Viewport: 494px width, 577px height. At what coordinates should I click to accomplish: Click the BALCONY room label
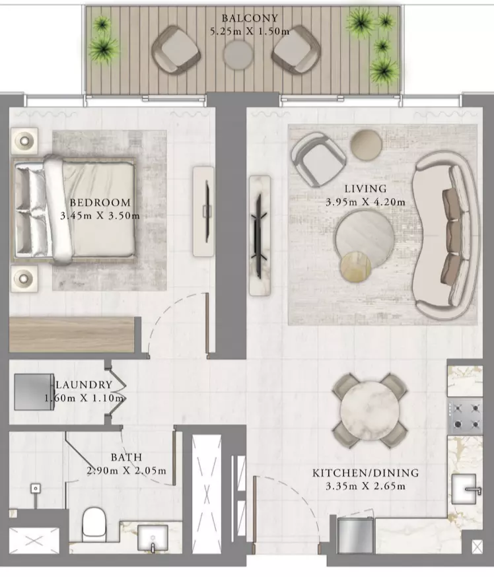[x=250, y=18]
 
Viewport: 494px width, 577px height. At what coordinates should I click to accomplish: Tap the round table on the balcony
[x=238, y=55]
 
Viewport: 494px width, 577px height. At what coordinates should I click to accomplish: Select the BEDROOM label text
[x=100, y=203]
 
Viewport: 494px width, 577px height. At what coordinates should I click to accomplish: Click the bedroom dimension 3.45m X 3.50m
[x=100, y=216]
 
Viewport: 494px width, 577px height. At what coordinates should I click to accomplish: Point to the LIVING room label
[x=365, y=189]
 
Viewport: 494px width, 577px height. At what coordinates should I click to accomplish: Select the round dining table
[x=369, y=409]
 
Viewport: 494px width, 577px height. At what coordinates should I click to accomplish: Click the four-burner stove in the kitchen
[x=466, y=416]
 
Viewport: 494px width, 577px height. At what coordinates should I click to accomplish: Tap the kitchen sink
[x=466, y=489]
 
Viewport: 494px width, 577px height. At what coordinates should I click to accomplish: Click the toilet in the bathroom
[x=94, y=524]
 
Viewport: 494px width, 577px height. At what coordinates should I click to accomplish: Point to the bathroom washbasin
[x=153, y=538]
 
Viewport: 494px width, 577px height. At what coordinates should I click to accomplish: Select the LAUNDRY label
[x=84, y=384]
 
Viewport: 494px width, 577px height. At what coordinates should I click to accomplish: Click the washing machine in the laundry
[x=34, y=391]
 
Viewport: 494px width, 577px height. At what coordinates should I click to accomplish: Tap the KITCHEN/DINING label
[x=365, y=473]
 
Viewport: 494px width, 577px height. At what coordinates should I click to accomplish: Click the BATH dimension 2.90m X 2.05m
[x=127, y=470]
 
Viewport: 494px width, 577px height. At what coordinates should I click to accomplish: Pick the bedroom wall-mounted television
[x=207, y=211]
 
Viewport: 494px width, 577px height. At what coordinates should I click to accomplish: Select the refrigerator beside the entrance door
[x=355, y=535]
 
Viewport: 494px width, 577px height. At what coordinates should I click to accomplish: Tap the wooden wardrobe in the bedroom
[x=71, y=335]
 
